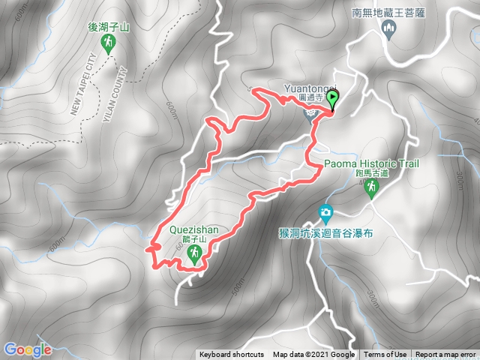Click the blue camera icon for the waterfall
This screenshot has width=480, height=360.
point(326,213)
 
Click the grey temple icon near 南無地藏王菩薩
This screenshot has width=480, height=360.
point(388,29)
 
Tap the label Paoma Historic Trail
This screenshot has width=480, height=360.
point(372,164)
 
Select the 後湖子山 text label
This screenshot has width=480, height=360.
point(109,26)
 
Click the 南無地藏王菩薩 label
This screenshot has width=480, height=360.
point(388,12)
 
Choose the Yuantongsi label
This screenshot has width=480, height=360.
point(307,87)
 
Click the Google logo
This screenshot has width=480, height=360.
point(27,349)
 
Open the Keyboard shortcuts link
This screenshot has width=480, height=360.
point(231,355)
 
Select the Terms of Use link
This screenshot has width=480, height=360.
point(386,355)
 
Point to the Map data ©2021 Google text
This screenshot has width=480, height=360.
point(313,355)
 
